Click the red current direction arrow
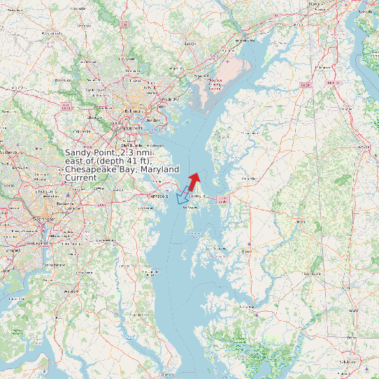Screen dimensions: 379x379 (x=194, y=180)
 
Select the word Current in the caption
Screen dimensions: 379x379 (x=81, y=178)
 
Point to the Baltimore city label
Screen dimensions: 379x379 (x=132, y=111)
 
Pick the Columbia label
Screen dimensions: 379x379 (x=83, y=131)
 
